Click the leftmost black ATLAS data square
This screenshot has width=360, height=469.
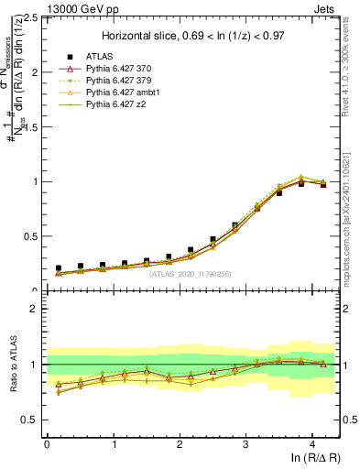click(x=59, y=267)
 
